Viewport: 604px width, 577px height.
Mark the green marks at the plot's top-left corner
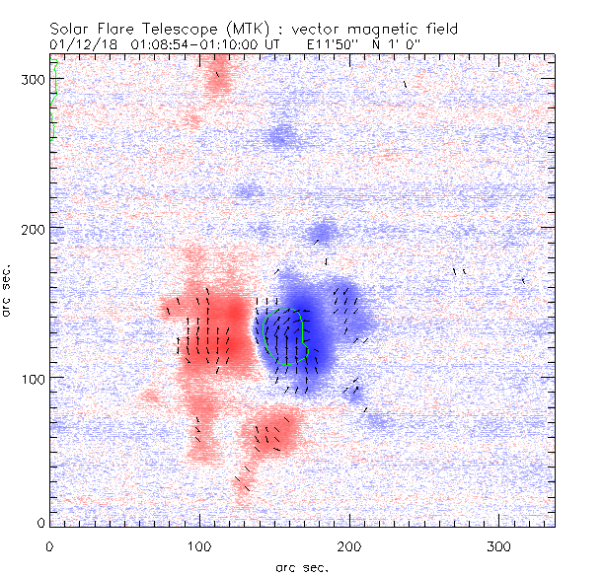tap(55, 99)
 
